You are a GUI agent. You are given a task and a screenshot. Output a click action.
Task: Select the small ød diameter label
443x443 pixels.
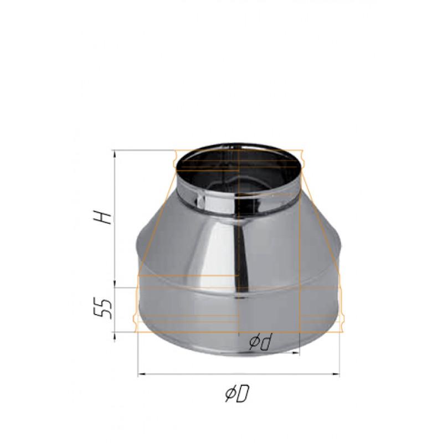coord(259,343)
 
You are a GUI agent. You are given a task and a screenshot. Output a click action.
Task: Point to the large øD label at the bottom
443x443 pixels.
coord(236,394)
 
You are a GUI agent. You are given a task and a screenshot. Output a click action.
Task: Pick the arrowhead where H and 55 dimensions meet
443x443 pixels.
coord(115,287)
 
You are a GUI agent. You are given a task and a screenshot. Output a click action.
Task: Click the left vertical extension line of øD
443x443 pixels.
coord(137,354)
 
